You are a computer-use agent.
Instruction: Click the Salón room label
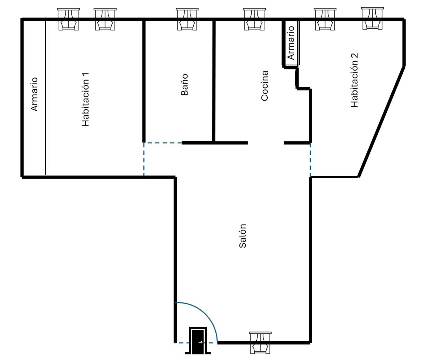click(243, 236)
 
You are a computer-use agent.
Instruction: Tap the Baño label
click(184, 85)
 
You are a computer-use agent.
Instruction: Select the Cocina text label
click(264, 86)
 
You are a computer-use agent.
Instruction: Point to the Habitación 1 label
click(85, 99)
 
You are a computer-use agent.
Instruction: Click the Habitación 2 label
click(354, 80)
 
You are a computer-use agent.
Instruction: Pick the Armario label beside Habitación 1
click(34, 94)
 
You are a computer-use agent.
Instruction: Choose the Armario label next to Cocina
click(291, 43)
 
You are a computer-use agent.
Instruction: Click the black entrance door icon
click(198, 340)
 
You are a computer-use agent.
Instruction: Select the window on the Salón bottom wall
click(260, 342)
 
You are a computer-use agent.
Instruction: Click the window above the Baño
click(187, 19)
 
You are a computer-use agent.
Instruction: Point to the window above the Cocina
click(254, 19)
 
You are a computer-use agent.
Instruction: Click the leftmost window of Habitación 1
click(68, 19)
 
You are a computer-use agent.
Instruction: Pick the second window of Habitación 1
click(105, 19)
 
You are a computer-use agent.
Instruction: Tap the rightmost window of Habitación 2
click(372, 18)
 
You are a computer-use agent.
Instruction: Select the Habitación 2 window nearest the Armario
click(325, 19)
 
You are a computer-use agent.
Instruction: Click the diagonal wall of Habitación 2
click(381, 122)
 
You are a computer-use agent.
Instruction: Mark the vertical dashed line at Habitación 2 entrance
click(310, 160)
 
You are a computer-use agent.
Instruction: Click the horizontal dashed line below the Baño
click(163, 143)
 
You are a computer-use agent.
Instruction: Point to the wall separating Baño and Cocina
click(214, 81)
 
